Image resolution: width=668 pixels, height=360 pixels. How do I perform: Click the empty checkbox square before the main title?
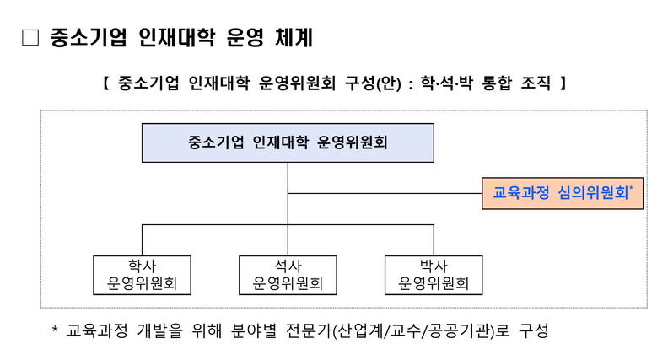coord(30,37)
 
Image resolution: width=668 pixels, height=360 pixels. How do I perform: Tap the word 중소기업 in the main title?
coord(89,37)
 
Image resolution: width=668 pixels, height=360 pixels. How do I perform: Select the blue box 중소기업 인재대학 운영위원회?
coord(288,142)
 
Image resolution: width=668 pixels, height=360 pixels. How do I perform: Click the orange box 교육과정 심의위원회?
coord(563,193)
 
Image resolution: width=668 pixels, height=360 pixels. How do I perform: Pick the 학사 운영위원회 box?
coord(143,275)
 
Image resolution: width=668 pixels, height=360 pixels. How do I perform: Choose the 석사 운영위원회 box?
coord(288,275)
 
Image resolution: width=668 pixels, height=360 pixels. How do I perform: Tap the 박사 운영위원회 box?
coord(434,275)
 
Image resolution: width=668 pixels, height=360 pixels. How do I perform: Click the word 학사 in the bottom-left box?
coord(143,266)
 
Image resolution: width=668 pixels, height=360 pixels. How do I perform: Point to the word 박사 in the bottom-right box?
coord(434,266)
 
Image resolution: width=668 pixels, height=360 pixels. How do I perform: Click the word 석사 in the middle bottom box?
coord(288,266)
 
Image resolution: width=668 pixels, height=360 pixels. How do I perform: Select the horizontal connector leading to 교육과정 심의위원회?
coord(385,193)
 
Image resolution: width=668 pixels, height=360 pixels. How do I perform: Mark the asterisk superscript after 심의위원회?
coord(631,188)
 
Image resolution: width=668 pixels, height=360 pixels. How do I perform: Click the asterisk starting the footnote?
coord(55,329)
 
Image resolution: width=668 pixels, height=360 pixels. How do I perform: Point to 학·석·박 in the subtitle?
coord(447,83)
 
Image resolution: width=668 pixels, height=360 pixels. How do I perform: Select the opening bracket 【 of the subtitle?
coord(106,83)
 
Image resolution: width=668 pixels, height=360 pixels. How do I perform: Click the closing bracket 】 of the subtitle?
coord(563,83)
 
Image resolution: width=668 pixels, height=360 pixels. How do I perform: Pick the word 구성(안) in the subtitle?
coord(373,83)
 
